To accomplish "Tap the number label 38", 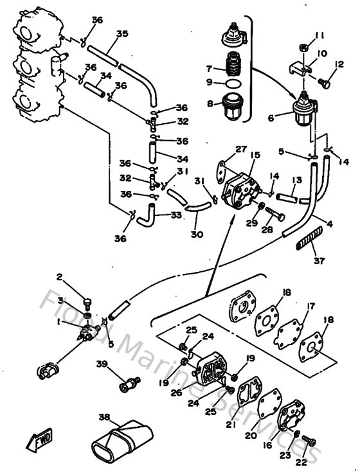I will pos(105,416).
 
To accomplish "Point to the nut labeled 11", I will pos(303,48).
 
